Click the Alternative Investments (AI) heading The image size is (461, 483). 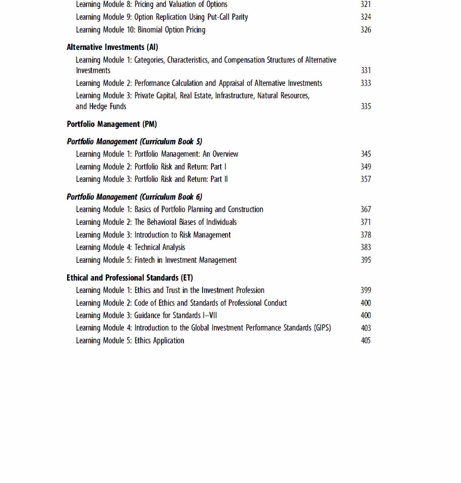pyautogui.click(x=112, y=47)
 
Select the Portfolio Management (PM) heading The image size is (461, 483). pyautogui.click(x=112, y=124)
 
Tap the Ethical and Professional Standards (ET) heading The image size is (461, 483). pyautogui.click(x=129, y=278)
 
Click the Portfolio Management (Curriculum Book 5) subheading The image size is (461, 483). pyautogui.click(x=134, y=142)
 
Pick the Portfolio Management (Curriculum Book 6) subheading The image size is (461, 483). pyautogui.click(x=134, y=197)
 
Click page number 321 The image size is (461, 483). pyautogui.click(x=366, y=4)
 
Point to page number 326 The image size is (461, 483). pyautogui.click(x=366, y=30)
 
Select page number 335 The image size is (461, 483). pyautogui.click(x=366, y=106)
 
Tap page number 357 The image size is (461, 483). pyautogui.click(x=366, y=179)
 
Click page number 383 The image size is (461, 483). pyautogui.click(x=366, y=247)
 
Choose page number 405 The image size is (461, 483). pyautogui.click(x=366, y=341)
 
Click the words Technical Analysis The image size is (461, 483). pyautogui.click(x=160, y=247)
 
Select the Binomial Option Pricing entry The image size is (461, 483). pyautogui.click(x=171, y=30)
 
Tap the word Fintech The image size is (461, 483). pyautogui.click(x=144, y=260)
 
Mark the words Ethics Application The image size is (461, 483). pyautogui.click(x=159, y=341)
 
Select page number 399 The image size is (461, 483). pyautogui.click(x=366, y=290)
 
